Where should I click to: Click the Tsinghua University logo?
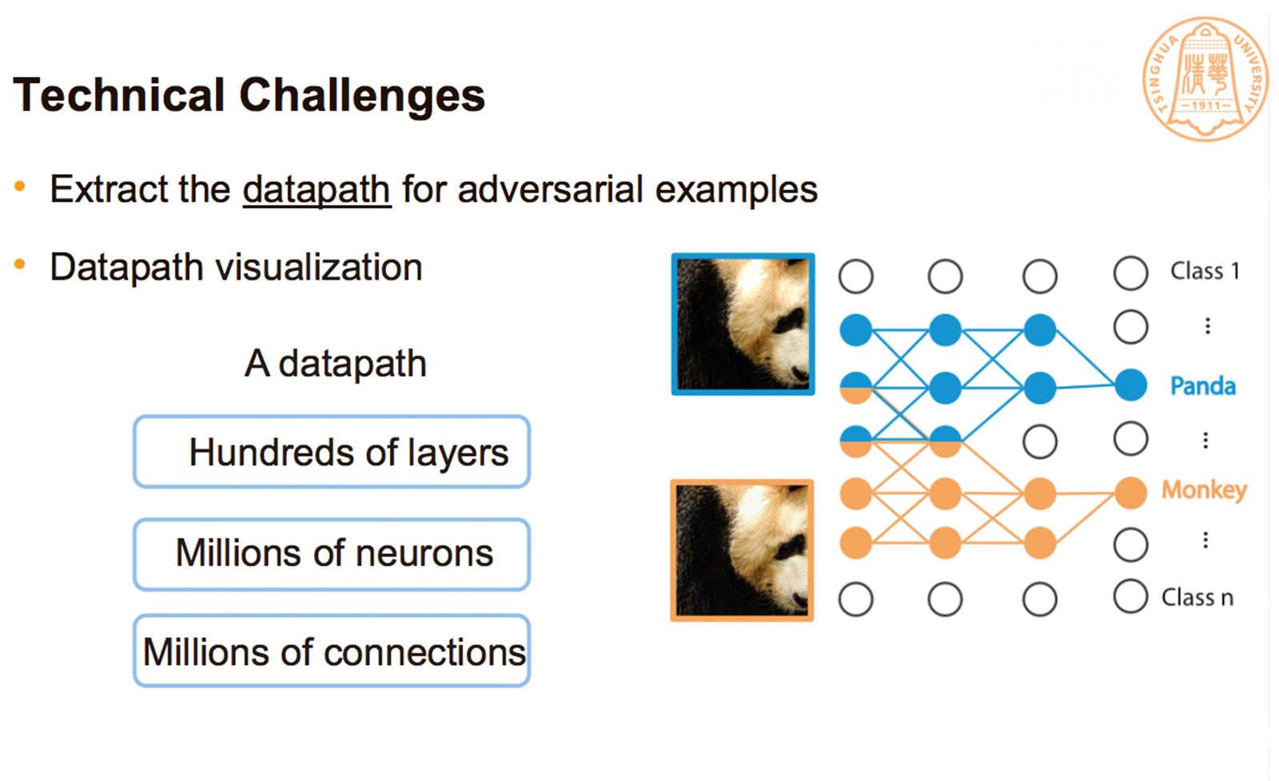[1205, 78]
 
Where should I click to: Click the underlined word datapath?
[317, 190]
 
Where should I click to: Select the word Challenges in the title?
[362, 95]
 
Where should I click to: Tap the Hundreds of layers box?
[332, 452]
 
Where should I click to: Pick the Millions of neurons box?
[332, 554]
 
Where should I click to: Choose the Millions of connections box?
[332, 651]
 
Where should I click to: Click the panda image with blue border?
[743, 324]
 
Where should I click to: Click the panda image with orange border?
[742, 550]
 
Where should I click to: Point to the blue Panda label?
[1202, 386]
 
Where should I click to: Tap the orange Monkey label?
[1204, 489]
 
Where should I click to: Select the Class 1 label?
[1205, 271]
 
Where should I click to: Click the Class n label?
[1197, 597]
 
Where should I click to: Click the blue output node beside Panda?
[1130, 385]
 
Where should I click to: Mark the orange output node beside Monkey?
[1130, 493]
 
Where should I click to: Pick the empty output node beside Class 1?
[1130, 273]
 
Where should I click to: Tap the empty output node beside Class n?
[1130, 596]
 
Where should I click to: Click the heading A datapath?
[336, 364]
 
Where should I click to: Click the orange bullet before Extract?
[20, 188]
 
